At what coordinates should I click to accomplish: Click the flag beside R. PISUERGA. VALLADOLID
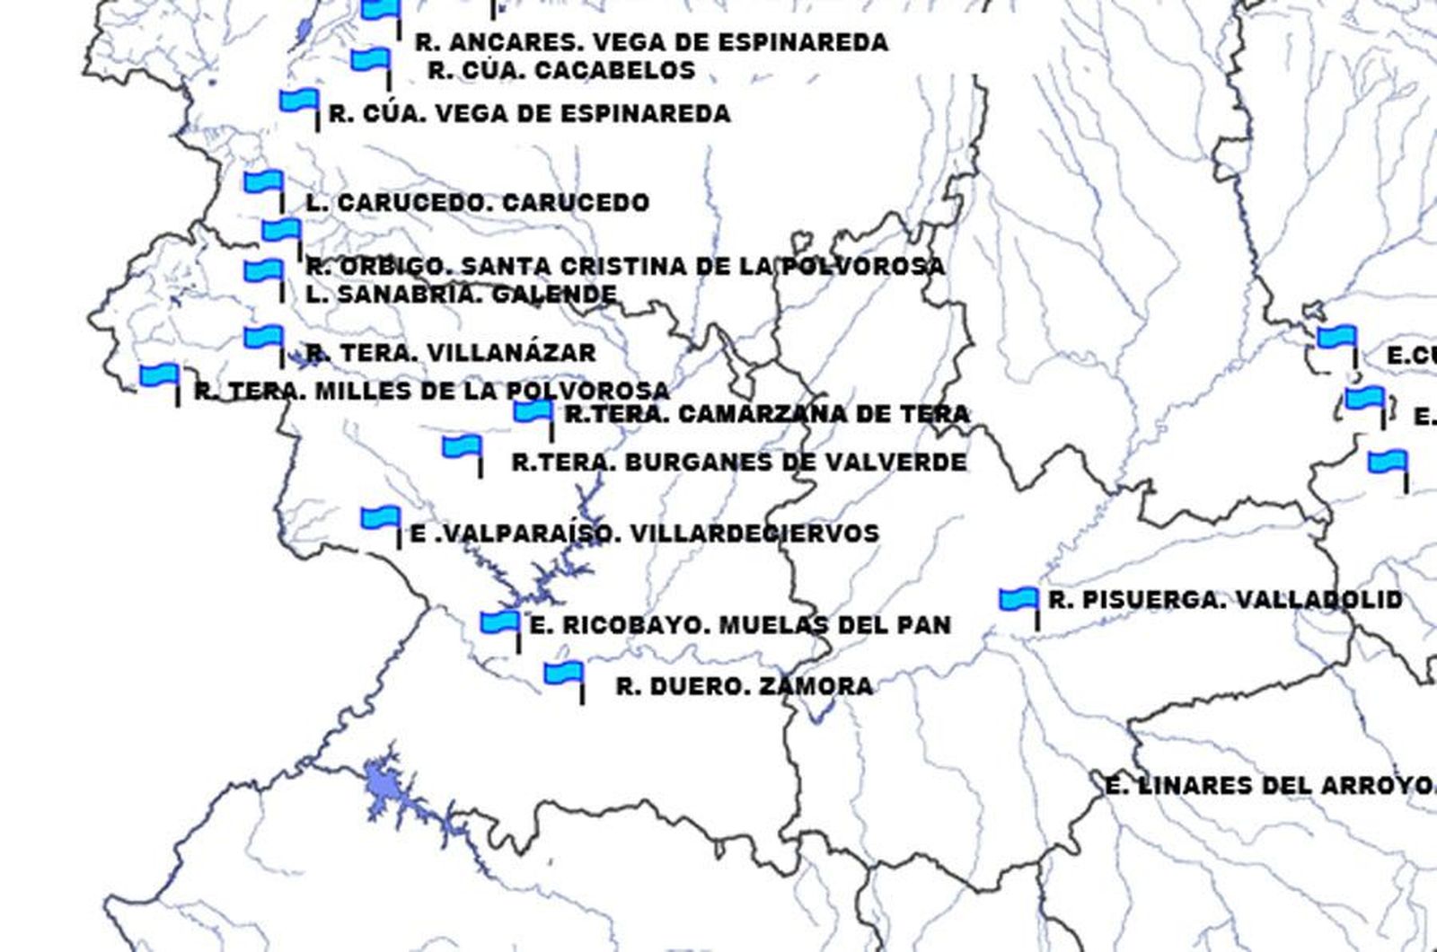1018,600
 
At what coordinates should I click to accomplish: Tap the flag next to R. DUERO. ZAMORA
563,673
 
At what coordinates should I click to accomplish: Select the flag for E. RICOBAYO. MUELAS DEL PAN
499,622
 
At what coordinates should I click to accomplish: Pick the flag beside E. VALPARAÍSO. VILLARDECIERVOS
381,519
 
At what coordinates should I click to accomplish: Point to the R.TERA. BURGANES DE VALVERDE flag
462,447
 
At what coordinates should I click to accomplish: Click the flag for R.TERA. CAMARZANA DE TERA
533,412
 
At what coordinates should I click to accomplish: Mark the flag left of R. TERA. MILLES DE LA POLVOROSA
160,375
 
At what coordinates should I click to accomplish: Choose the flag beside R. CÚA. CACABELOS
371,61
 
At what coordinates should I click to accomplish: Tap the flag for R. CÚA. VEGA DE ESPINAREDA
299,101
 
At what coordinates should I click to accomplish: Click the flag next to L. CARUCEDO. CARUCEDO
263,183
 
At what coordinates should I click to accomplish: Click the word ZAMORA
815,687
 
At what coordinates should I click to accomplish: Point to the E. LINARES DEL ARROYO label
1268,786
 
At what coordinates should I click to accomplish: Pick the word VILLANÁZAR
509,353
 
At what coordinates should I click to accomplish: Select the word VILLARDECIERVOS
754,533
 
